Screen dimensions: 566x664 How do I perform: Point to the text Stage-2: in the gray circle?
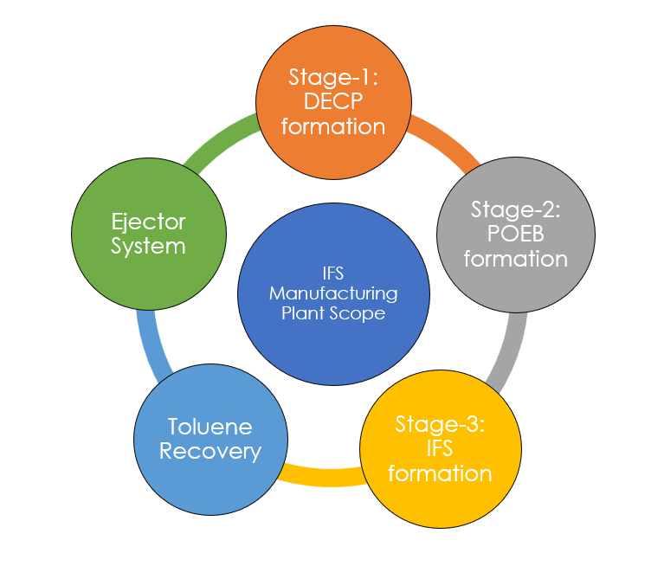click(x=515, y=209)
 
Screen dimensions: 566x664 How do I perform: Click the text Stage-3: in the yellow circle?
click(x=440, y=423)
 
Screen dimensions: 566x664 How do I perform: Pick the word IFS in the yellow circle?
click(x=440, y=448)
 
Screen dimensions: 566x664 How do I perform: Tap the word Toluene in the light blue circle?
click(x=210, y=427)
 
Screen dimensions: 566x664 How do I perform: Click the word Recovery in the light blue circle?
click(x=210, y=451)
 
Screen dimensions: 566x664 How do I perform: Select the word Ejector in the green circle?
click(x=148, y=222)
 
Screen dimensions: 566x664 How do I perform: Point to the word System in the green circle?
click(x=148, y=246)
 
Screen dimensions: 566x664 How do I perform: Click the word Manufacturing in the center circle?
click(x=333, y=293)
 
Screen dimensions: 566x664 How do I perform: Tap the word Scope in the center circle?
click(x=357, y=312)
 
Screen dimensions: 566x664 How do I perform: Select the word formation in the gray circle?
click(x=515, y=259)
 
